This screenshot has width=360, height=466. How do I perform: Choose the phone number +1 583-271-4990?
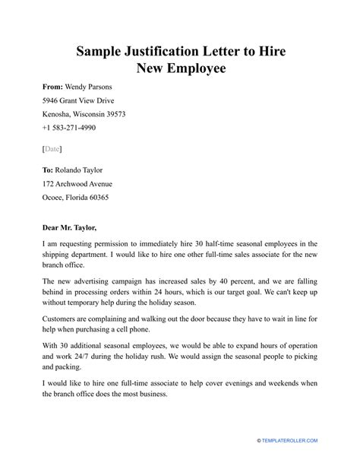pyautogui.click(x=75, y=128)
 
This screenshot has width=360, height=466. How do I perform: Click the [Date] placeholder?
pyautogui.click(x=52, y=147)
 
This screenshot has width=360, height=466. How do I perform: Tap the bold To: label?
pyautogui.click(x=49, y=169)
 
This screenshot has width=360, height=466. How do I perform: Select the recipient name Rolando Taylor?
pyautogui.click(x=86, y=169)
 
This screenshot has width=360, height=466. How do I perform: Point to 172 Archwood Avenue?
pyautogui.click(x=77, y=183)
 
